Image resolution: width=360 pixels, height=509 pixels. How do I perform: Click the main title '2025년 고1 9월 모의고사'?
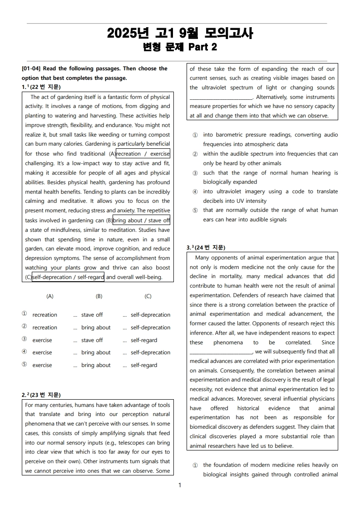(x=180, y=34)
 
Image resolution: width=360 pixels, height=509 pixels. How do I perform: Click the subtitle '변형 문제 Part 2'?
(x=180, y=47)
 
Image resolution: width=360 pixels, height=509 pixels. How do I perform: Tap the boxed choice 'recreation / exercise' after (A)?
(x=143, y=154)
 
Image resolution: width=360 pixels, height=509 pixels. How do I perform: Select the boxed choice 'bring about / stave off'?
(x=142, y=220)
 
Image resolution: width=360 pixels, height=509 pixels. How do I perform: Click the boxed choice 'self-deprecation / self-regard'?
(x=68, y=277)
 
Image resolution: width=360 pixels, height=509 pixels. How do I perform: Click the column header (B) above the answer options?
(x=99, y=296)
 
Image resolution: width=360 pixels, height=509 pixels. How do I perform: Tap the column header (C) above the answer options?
(x=148, y=296)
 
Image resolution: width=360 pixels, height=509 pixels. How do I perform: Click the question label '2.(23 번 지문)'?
(x=41, y=395)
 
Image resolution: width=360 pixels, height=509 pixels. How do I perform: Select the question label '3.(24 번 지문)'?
(x=206, y=248)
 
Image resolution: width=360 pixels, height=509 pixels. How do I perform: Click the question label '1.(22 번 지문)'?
(x=41, y=87)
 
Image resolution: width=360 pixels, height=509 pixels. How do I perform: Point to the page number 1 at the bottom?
(x=180, y=485)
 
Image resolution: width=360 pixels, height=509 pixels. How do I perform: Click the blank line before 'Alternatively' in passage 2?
(x=221, y=98)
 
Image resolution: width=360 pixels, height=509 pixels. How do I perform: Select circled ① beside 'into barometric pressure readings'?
(x=195, y=135)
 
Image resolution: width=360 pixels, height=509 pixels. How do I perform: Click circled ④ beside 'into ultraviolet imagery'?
(x=195, y=191)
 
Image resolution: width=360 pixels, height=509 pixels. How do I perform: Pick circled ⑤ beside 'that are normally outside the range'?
(x=195, y=210)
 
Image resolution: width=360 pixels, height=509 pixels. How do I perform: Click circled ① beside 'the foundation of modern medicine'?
(x=195, y=465)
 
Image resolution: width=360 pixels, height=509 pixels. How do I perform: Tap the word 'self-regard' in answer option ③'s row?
(x=144, y=340)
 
